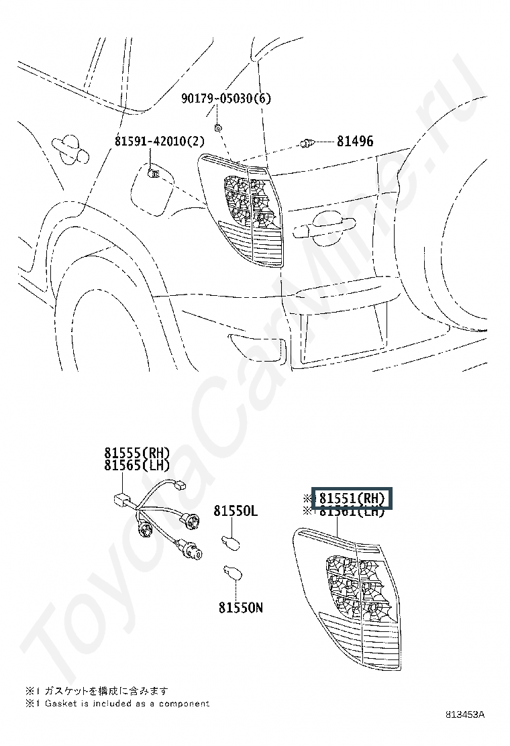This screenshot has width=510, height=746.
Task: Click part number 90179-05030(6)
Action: click(x=226, y=99)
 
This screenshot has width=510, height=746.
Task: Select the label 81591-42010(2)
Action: click(x=159, y=142)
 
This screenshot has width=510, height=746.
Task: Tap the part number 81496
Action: click(x=355, y=142)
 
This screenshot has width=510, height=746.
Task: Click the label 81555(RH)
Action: click(x=137, y=453)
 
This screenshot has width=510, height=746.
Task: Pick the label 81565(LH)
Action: click(x=137, y=465)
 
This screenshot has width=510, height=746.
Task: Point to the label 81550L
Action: click(x=236, y=511)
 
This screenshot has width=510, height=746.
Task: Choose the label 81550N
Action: click(x=240, y=608)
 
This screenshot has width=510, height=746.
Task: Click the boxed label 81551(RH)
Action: click(x=352, y=498)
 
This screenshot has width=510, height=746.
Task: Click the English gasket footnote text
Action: click(x=117, y=704)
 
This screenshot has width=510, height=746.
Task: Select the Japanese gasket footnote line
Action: click(x=97, y=690)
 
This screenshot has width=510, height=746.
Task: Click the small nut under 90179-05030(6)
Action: click(x=218, y=127)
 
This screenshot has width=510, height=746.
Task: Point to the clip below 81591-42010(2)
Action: click(x=152, y=176)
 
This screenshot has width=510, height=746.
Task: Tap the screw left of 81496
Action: click(x=308, y=142)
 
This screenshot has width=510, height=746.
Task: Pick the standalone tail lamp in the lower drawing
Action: click(x=348, y=597)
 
